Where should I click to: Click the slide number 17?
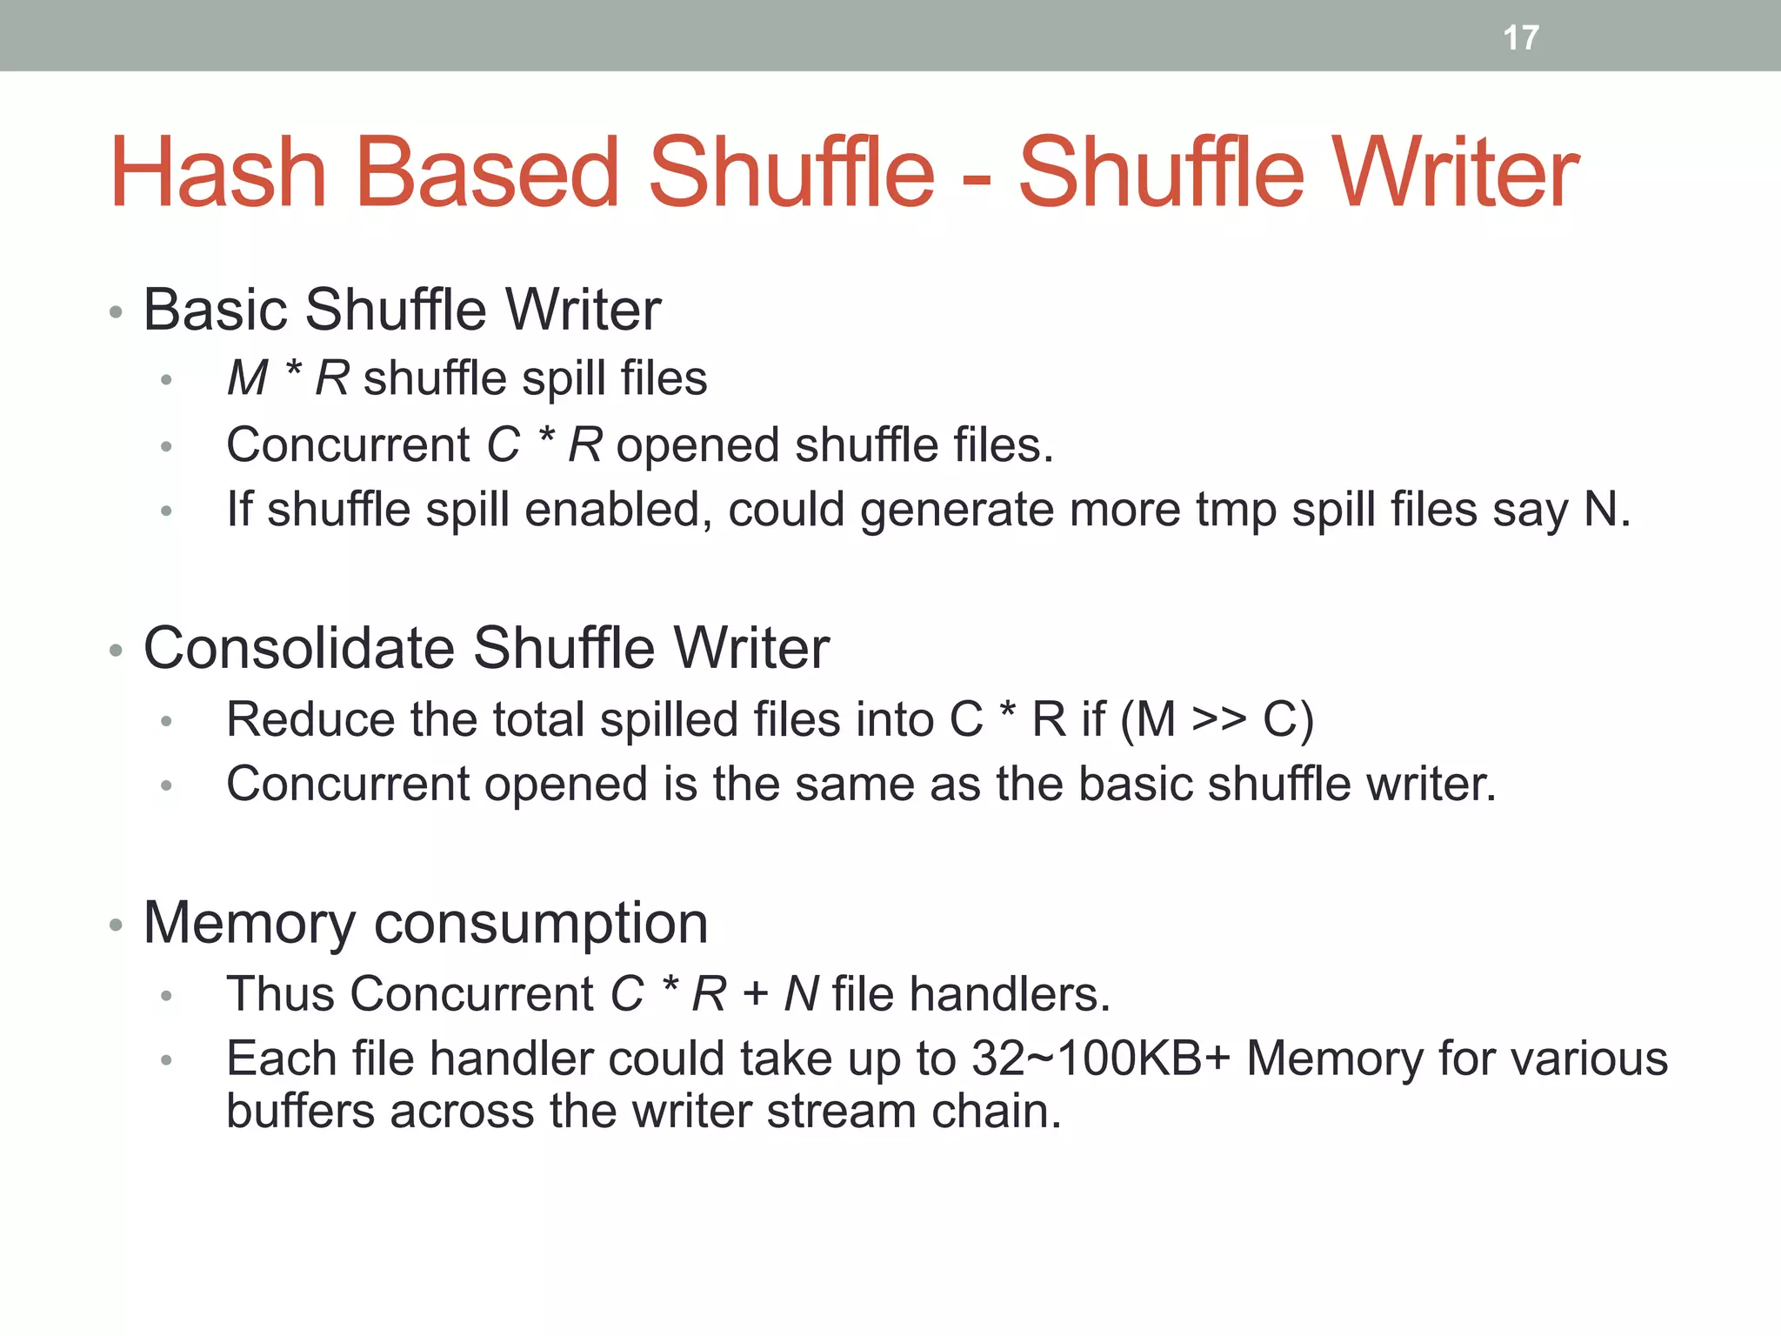1521,37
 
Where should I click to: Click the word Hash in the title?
218,173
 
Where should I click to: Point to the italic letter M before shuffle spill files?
247,378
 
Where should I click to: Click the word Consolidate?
299,648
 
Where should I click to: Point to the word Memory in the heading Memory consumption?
250,923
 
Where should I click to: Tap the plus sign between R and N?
755,995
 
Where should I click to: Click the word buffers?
301,1112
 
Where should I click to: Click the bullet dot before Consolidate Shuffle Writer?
116,651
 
